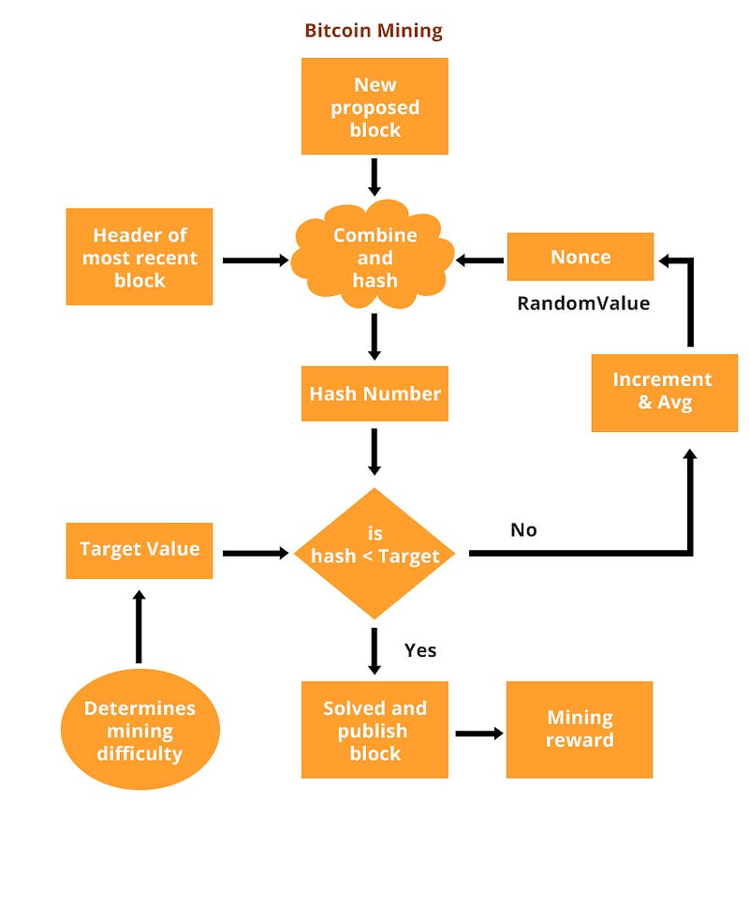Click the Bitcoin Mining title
(x=374, y=31)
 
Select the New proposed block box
(x=374, y=107)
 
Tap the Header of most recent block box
(x=140, y=257)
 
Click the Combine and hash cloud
(x=374, y=258)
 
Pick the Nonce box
(x=580, y=257)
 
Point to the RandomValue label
(x=583, y=304)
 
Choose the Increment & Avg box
(x=664, y=392)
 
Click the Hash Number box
(x=374, y=394)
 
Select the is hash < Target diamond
(x=374, y=553)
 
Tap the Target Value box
(x=140, y=549)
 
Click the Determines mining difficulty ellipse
(x=140, y=731)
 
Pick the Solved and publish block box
(x=374, y=730)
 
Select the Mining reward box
(x=580, y=729)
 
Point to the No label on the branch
(x=523, y=530)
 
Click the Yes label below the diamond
(x=420, y=649)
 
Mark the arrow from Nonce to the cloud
(x=480, y=260)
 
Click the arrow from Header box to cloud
(x=256, y=260)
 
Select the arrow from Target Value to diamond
(x=255, y=553)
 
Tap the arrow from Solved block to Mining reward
(x=478, y=733)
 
